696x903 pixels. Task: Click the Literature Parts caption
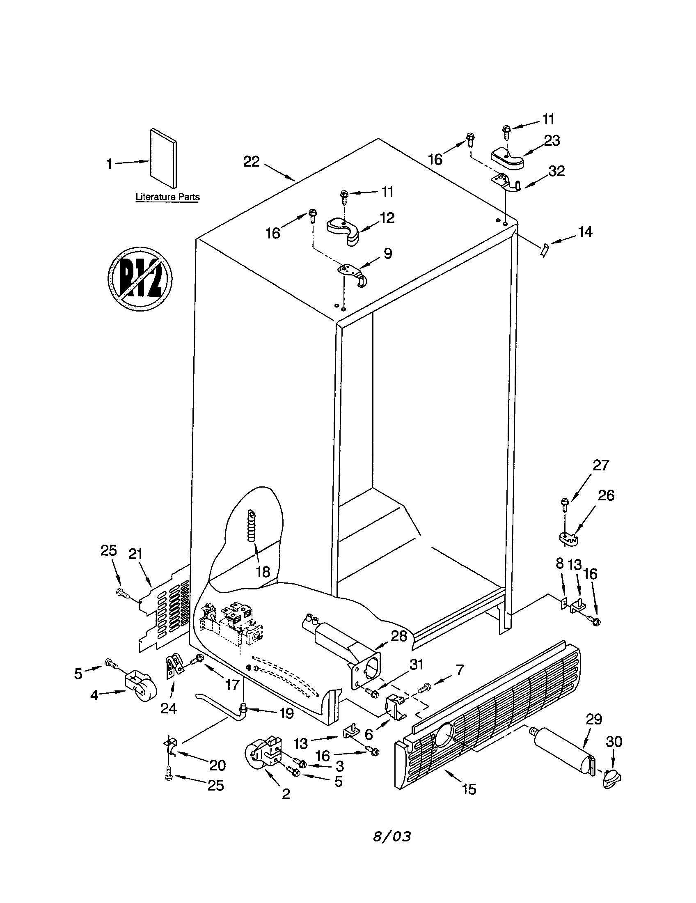167,197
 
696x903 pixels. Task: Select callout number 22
251,161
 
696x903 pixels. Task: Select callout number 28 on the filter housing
399,636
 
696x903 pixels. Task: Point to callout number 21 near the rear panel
135,554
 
